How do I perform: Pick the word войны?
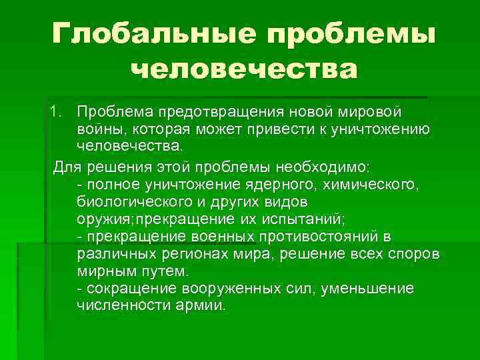97,127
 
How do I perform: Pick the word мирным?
107,273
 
